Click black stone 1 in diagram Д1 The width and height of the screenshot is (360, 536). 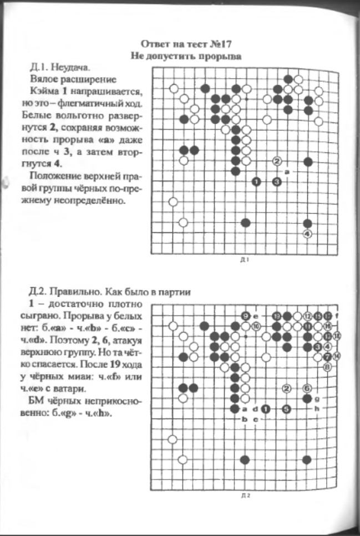point(256,181)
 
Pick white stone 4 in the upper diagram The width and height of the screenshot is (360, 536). point(308,233)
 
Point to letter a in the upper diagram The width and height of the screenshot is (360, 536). point(287,172)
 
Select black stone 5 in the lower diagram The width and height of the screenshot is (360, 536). point(286,409)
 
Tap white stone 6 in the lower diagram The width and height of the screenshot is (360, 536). point(307,388)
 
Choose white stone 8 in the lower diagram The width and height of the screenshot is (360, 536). point(327,367)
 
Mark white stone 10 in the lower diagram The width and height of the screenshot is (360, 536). point(256,326)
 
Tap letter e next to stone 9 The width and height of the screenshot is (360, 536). point(255,316)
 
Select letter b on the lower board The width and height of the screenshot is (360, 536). point(245,420)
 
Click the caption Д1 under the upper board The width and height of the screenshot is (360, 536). point(244,259)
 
